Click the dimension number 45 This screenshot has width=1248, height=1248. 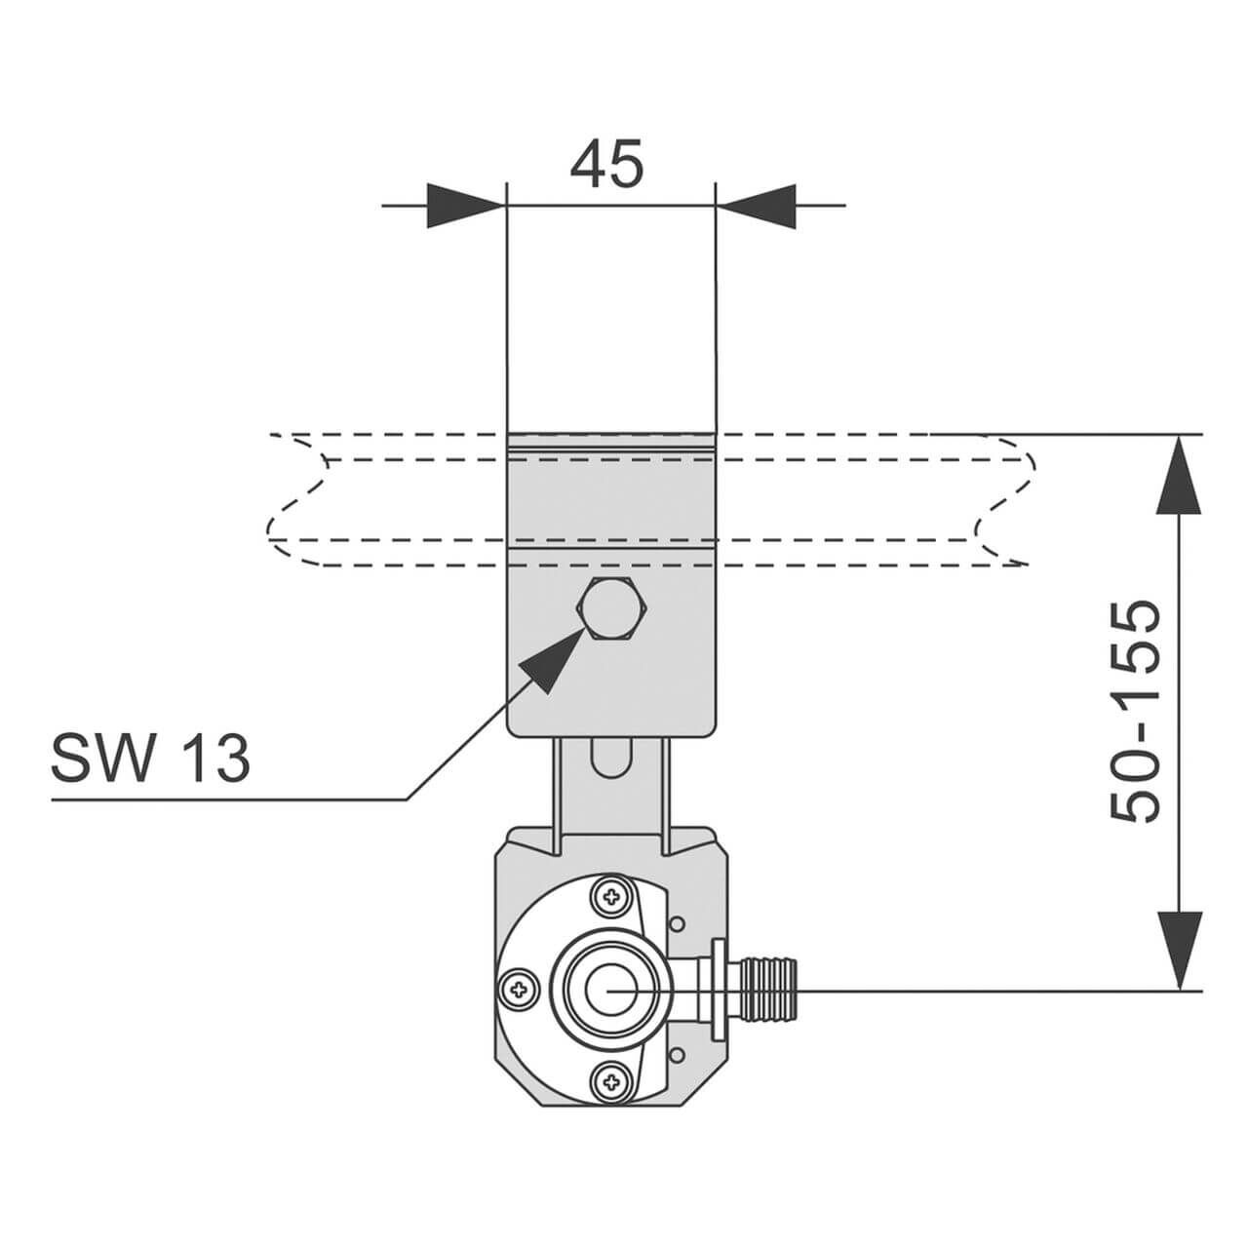click(606, 163)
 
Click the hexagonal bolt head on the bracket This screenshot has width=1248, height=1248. click(611, 609)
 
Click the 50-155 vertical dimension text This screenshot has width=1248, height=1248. click(1136, 712)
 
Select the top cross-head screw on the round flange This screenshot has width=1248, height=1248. click(612, 898)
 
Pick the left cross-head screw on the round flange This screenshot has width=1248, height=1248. click(517, 990)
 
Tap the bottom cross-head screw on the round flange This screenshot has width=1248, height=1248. click(612, 1080)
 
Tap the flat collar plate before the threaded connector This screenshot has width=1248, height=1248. click(720, 990)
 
